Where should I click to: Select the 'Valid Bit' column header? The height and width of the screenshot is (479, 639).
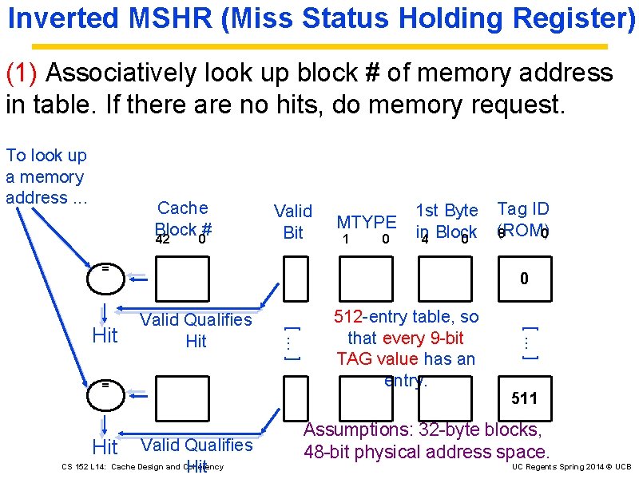pyautogui.click(x=293, y=221)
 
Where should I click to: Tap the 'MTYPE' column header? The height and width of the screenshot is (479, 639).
pyautogui.click(x=366, y=222)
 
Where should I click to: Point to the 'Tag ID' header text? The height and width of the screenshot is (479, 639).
pyautogui.click(x=523, y=209)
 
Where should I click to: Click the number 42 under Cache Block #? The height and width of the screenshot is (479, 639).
pyautogui.click(x=162, y=239)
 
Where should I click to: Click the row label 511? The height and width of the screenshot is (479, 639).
pyautogui.click(x=524, y=398)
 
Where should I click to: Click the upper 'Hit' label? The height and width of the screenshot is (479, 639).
pyautogui.click(x=105, y=335)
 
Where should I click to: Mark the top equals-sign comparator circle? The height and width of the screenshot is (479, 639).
pyautogui.click(x=105, y=269)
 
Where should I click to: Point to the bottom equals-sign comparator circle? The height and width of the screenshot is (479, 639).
pyautogui.click(x=105, y=385)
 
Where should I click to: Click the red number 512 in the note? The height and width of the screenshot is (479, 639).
pyautogui.click(x=347, y=316)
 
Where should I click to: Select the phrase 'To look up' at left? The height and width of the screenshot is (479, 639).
pyautogui.click(x=46, y=155)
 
